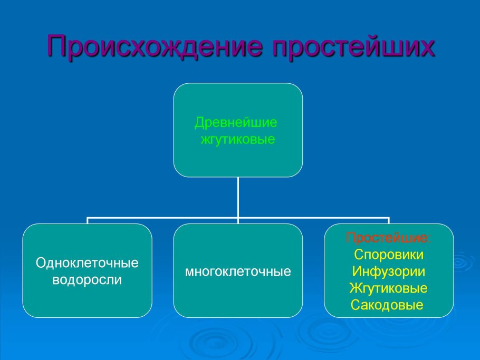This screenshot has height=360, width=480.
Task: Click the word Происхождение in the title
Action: pos(155,46)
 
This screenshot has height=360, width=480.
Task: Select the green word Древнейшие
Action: pos(236,123)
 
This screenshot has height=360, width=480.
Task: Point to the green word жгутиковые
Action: pos(238,139)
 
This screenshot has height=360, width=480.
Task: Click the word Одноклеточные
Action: pos(87,262)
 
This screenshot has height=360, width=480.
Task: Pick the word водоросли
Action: pos(87,280)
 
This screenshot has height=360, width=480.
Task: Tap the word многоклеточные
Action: pos(238,271)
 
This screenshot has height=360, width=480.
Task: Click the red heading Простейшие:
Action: pos(388,238)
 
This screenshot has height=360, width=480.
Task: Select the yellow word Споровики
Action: pos(389,255)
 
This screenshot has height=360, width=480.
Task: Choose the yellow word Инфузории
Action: pos(388,271)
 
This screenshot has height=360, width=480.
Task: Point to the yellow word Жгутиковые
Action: pos(388,288)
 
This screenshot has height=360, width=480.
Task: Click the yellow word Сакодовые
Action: pos(387,305)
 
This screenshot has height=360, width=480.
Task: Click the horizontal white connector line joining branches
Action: pos(238,218)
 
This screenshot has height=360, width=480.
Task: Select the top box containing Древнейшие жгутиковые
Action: pos(238,130)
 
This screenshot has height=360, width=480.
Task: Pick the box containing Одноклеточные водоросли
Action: pos(87,271)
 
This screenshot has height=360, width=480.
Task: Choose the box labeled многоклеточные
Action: pos(238,271)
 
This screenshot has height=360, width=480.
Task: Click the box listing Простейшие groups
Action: pos(389,271)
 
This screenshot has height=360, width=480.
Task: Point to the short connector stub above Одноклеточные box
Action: pos(88,220)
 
